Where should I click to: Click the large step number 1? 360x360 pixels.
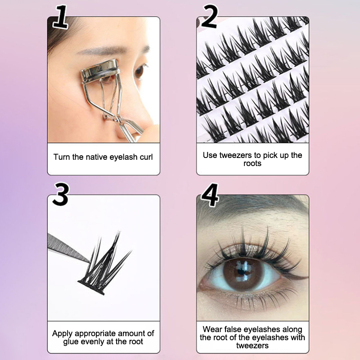click(60, 17)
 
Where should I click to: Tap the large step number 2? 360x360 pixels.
click(209, 17)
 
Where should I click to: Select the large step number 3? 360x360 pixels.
click(60, 194)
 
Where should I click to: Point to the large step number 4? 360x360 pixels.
click(210, 195)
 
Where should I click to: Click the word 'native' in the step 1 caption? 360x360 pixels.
click(96, 157)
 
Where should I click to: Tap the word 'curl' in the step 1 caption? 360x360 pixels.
click(146, 157)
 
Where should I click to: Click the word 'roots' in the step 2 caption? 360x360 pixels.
click(252, 163)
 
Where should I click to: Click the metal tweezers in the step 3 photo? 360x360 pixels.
click(68, 248)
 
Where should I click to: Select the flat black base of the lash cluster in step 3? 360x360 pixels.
click(91, 288)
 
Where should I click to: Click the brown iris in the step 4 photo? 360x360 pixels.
click(242, 274)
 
